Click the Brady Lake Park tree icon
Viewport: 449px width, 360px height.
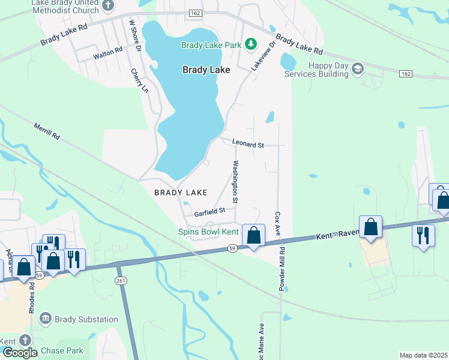(253, 45)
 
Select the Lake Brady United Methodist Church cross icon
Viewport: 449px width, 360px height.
(108, 6)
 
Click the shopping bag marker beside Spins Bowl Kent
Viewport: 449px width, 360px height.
(254, 235)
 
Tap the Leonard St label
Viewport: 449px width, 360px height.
(249, 145)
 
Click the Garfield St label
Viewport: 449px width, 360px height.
(209, 211)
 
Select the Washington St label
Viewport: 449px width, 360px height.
(236, 181)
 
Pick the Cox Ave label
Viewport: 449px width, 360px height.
(278, 223)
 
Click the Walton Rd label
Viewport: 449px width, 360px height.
(108, 55)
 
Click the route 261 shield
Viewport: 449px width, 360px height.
(121, 280)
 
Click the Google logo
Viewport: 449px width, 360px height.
(19, 353)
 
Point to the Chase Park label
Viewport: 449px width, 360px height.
(62, 350)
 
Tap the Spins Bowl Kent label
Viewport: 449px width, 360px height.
(208, 232)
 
